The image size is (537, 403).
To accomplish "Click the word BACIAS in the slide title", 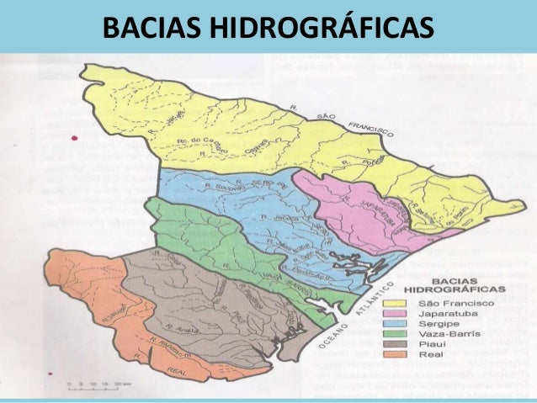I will [152, 28].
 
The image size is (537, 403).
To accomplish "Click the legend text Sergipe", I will [432, 324].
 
